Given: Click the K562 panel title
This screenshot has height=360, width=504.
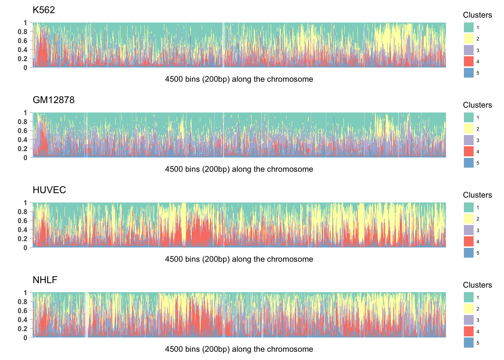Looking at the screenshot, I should (44, 10).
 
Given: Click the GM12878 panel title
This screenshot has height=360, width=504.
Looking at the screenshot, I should (54, 100).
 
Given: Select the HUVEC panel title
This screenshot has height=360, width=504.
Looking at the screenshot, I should (49, 190).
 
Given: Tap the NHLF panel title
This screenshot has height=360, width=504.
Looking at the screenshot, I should (45, 280).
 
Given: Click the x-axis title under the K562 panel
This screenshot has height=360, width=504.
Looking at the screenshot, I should (239, 79).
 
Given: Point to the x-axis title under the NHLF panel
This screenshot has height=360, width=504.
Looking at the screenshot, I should (239, 349).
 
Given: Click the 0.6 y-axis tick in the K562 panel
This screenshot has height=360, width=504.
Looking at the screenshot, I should (23, 41).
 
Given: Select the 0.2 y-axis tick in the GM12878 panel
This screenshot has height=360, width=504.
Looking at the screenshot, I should (23, 149).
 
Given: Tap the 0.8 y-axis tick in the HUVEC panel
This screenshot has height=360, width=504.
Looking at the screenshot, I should (23, 212).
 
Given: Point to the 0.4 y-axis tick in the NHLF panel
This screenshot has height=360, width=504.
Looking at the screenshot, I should (23, 320).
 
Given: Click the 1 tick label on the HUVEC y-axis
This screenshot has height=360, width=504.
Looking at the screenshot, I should (25, 203).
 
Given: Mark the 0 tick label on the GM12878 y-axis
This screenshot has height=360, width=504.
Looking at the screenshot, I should (25, 158).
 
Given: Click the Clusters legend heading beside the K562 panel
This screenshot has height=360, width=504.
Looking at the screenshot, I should (477, 15).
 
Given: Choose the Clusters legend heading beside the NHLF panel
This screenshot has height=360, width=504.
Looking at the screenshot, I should (477, 285).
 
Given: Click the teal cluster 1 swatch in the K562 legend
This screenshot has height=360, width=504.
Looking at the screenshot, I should (469, 27).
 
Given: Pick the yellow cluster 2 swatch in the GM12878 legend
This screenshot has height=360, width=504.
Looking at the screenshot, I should (469, 129).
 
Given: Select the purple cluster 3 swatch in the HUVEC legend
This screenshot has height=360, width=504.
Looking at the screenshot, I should (469, 230).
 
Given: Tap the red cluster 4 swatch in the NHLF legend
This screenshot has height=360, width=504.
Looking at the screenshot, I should (469, 331).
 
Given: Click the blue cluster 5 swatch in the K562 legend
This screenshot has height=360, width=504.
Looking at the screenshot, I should (469, 73).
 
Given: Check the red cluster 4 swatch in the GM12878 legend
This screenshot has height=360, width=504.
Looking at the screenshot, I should (469, 151).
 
